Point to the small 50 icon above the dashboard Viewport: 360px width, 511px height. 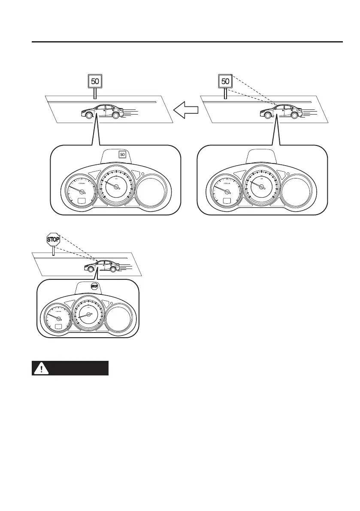point(122,154)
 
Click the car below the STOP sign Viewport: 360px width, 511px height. point(102,266)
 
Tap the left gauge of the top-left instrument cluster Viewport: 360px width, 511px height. point(78,188)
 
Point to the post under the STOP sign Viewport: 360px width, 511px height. point(53,251)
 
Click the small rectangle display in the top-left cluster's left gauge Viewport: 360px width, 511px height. point(81,201)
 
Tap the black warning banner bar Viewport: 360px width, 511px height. point(70,368)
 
